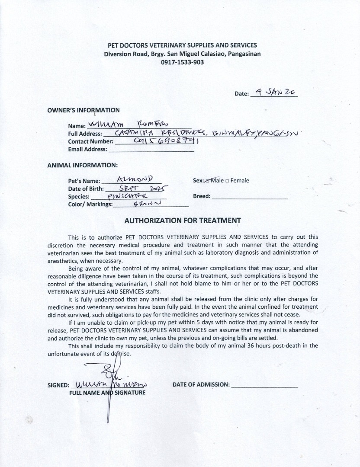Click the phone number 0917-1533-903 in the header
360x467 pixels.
tap(182, 62)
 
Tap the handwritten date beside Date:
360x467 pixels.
tap(275, 92)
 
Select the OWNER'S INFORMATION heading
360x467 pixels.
tap(84, 110)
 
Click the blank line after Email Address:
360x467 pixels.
tap(151, 150)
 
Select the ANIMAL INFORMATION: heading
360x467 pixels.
tap(82, 165)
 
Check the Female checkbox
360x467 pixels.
tap(228, 181)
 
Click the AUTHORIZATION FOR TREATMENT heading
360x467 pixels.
tap(183, 220)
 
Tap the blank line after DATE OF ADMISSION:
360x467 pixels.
tap(264, 385)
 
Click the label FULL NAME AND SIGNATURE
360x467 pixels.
tap(107, 393)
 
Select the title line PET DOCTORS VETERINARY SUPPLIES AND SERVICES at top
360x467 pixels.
tap(182, 45)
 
